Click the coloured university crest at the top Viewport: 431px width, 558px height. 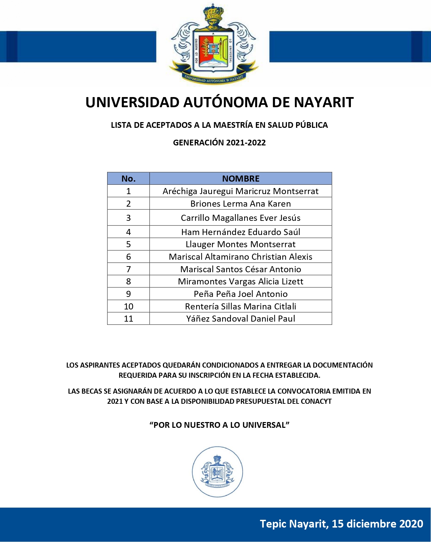[x=213, y=46]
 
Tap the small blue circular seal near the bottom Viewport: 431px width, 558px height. [x=217, y=472]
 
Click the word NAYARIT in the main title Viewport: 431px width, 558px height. [x=324, y=102]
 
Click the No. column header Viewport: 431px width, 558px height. [x=128, y=179]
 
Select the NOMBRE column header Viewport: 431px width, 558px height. [x=241, y=179]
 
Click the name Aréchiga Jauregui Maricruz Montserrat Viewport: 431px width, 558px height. [x=240, y=191]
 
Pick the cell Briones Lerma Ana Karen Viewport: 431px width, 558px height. [x=240, y=204]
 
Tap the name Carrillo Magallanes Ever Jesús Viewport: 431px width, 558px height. [x=240, y=218]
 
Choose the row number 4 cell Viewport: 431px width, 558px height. [x=128, y=232]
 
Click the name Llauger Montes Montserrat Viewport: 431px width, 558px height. [x=240, y=244]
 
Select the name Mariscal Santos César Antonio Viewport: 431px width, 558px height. [x=240, y=269]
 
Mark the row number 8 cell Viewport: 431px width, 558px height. [x=128, y=281]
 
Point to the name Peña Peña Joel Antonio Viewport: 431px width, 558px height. [x=240, y=294]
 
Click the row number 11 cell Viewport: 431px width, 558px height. [x=128, y=319]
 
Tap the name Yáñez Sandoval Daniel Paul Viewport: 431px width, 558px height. [x=240, y=319]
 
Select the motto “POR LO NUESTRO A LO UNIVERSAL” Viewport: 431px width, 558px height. [x=219, y=425]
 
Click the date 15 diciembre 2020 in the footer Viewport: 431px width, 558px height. [x=377, y=524]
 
